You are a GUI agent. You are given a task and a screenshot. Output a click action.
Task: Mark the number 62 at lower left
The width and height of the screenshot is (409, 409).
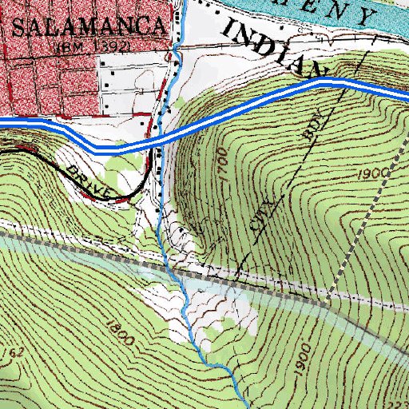17,351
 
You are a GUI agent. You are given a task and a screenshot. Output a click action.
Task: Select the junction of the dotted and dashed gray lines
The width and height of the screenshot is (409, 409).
328,304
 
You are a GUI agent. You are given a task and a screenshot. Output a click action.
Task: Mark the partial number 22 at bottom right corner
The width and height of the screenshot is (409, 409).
399,403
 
